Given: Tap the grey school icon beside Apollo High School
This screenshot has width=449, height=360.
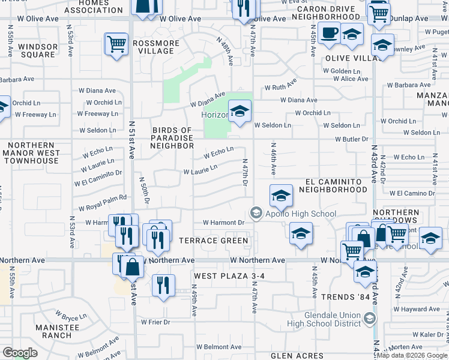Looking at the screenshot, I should click(256, 214).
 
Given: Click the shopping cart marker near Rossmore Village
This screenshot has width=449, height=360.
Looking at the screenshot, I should click(116, 44).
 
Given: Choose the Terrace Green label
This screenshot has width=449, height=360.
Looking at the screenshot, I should click(213, 241).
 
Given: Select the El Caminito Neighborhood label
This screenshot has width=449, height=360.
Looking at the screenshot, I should click(336, 185).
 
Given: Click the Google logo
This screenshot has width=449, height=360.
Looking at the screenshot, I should click(20, 353).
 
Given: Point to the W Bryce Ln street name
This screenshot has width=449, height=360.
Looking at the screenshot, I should click(71, 315).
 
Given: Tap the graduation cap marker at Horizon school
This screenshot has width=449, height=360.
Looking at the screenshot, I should click(240, 111).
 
